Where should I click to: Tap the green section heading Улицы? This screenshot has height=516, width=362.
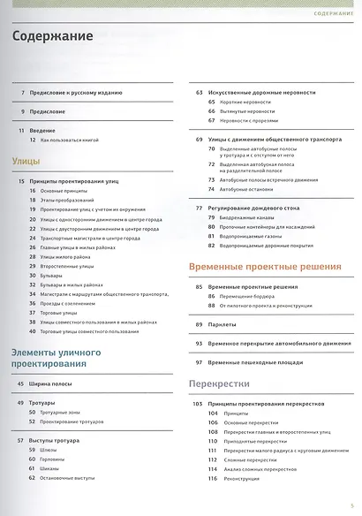(x=27, y=162)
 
